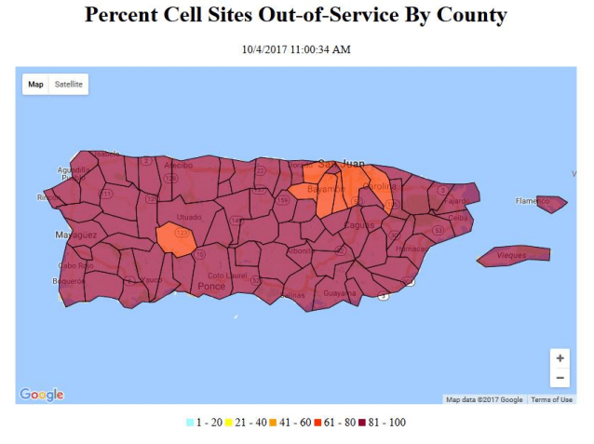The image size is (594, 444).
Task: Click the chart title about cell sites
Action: (x=296, y=16)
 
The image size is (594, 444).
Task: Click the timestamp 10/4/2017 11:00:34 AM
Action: (x=296, y=49)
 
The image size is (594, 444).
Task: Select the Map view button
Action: (x=35, y=84)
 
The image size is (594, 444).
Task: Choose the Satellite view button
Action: (x=69, y=84)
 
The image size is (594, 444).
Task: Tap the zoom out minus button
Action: (x=560, y=378)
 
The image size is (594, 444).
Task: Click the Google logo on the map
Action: (x=42, y=395)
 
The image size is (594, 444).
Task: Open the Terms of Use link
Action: (x=552, y=399)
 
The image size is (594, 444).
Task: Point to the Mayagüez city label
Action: (x=75, y=235)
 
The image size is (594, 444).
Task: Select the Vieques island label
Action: (x=511, y=254)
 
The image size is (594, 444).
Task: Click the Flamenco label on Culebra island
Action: (x=533, y=200)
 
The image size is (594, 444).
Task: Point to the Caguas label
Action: (x=358, y=224)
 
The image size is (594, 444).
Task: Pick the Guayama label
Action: (x=340, y=293)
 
